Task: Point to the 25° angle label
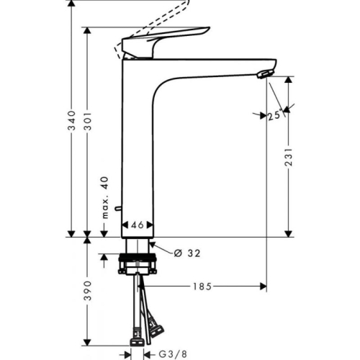coord(273,114)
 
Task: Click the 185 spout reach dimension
coord(202,287)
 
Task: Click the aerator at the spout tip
coord(265,73)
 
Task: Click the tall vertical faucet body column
coord(137,144)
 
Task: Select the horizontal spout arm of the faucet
coord(216,63)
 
